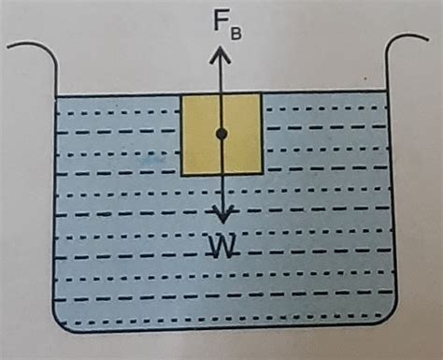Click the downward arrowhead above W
(x=221, y=213)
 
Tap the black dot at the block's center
(x=221, y=134)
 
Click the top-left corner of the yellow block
(x=181, y=94)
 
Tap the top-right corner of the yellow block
(x=261, y=94)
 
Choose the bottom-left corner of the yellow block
(x=181, y=174)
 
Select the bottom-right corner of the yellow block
(x=261, y=174)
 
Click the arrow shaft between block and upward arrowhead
(x=221, y=77)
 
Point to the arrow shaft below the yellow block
(x=221, y=192)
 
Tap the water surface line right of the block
(x=327, y=95)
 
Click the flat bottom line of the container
(x=224, y=334)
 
